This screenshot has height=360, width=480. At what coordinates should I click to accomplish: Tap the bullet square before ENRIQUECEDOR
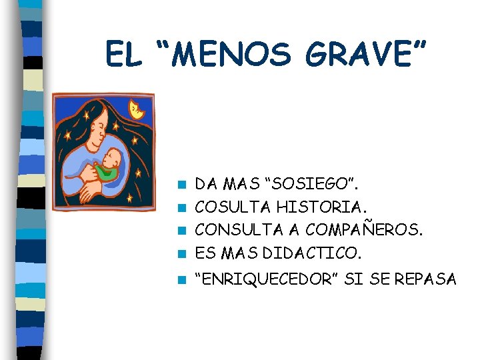tap(181, 280)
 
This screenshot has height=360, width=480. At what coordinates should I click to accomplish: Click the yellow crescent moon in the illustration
tap(137, 109)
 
